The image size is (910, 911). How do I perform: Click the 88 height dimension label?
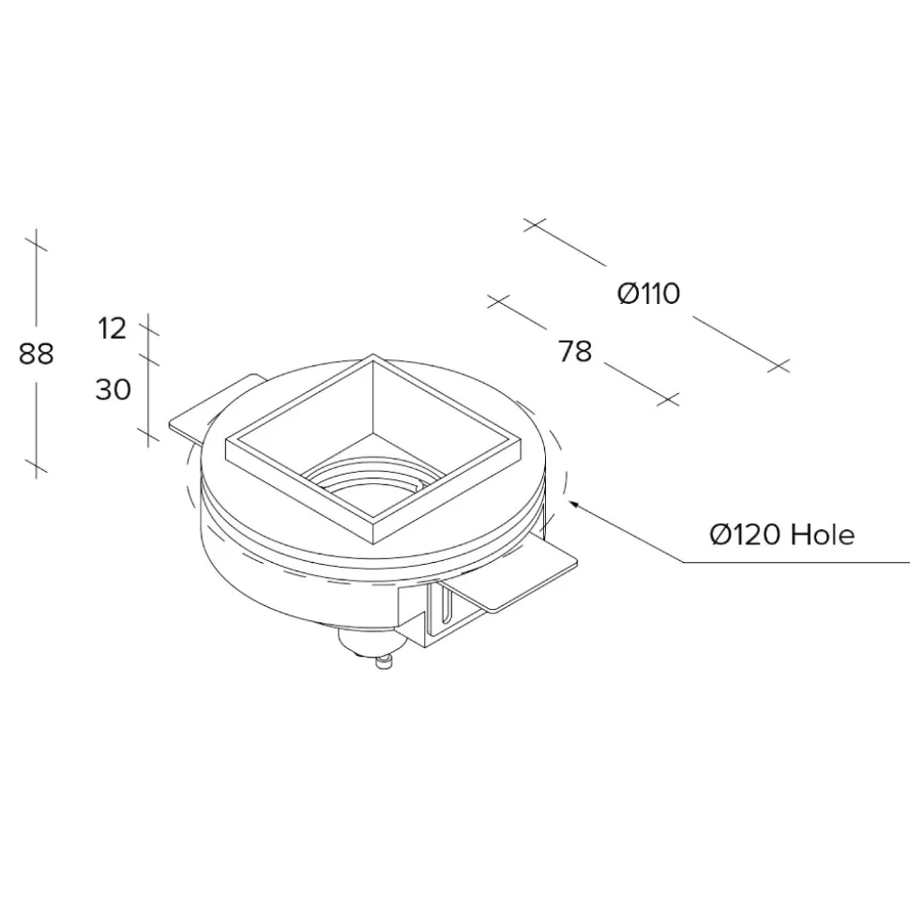point(36,354)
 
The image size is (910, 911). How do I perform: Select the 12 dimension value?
point(113,329)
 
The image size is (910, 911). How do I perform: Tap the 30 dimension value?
point(114,389)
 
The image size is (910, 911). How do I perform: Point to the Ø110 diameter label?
point(648,294)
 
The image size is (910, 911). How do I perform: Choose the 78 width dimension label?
point(575,351)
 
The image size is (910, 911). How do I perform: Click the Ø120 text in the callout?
point(744,535)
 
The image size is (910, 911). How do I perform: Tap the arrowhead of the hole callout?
point(573,505)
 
